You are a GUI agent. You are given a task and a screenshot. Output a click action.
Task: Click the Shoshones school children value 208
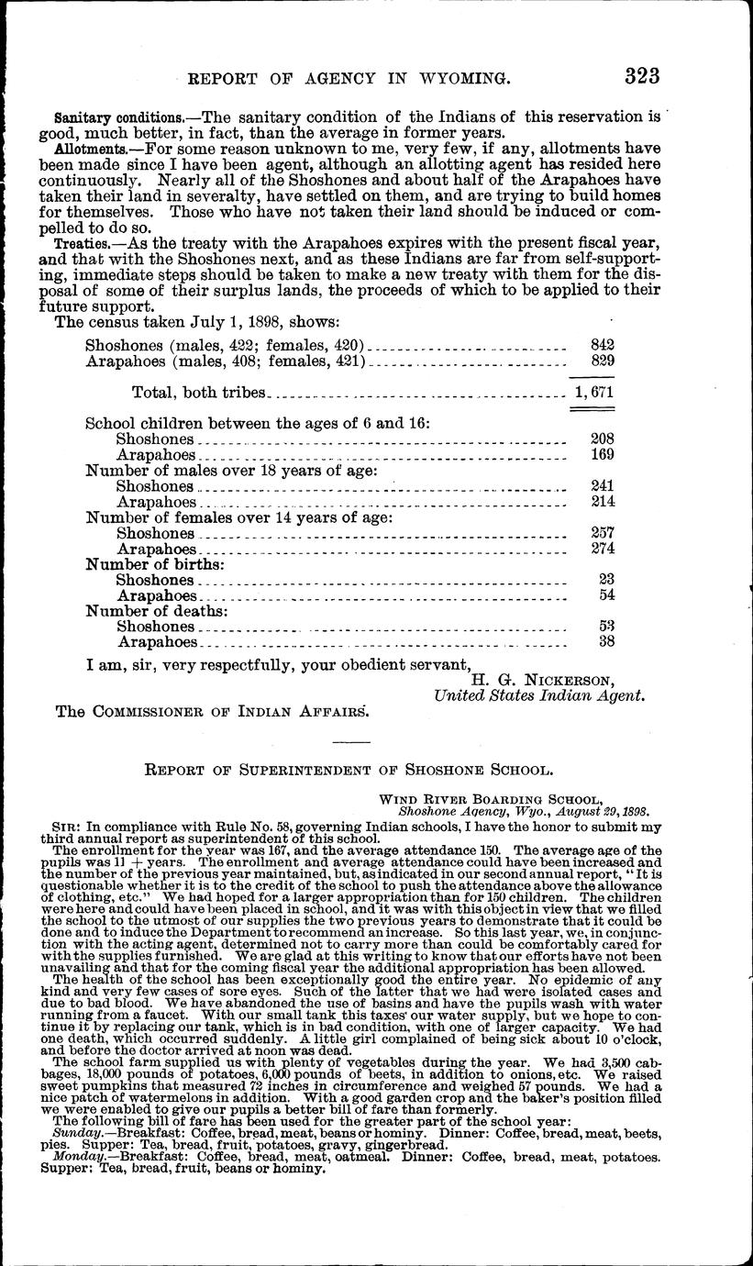pos(602,439)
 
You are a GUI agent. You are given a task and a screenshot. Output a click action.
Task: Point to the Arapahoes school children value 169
pos(602,454)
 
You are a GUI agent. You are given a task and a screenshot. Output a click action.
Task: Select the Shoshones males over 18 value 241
pos(602,485)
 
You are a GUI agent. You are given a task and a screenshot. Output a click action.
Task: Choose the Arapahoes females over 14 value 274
pos(602,549)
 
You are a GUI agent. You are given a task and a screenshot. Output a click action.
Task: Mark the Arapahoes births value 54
pos(605,595)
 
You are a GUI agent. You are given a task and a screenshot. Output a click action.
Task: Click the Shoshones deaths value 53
pos(605,627)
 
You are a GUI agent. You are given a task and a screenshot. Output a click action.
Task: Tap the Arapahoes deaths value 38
pos(605,642)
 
